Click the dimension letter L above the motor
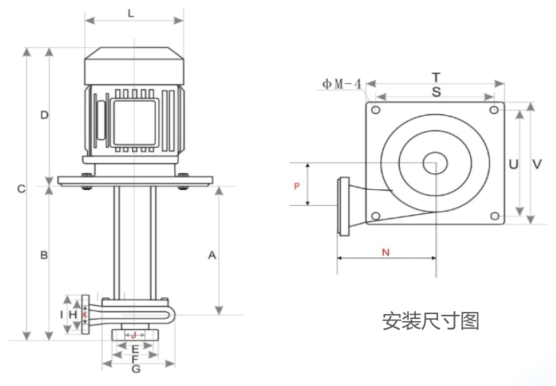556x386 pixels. click(x=132, y=14)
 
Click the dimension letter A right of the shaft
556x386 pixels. click(x=213, y=256)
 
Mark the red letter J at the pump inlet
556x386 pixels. click(x=135, y=336)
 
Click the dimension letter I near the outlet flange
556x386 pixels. click(x=62, y=316)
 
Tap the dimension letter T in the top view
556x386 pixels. click(x=436, y=76)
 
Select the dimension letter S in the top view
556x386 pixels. click(x=436, y=91)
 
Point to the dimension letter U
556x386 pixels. click(x=513, y=165)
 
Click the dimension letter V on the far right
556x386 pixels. click(x=537, y=165)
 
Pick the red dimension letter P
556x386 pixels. click(x=296, y=186)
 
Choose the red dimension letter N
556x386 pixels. click(x=386, y=253)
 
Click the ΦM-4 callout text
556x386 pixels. click(x=342, y=84)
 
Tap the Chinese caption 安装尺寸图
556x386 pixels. click(x=430, y=321)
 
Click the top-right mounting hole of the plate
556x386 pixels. click(x=494, y=110)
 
